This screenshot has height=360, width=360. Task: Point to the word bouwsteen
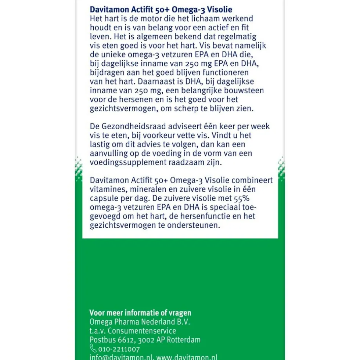(244, 91)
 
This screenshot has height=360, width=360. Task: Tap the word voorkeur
(161, 136)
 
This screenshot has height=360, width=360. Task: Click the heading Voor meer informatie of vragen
(140, 313)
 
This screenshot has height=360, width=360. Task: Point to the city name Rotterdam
(184, 340)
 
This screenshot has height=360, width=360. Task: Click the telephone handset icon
(93, 349)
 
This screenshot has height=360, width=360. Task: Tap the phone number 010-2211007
(119, 349)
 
